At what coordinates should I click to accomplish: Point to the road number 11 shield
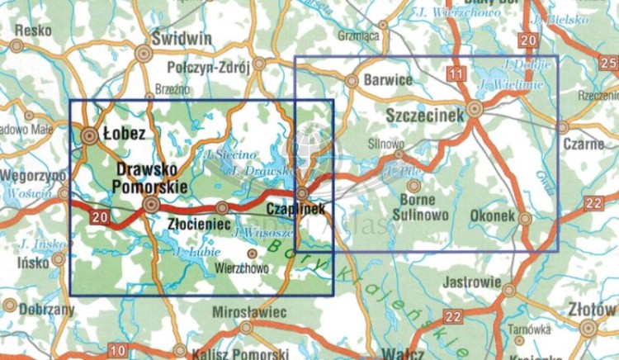coord(455,76)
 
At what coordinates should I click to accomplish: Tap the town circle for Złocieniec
coord(222,208)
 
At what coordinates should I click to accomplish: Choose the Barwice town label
coord(385,81)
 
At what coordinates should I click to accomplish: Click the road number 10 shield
coord(118,351)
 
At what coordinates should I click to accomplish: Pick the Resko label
coord(32,30)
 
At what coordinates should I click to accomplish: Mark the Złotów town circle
coord(588,328)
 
